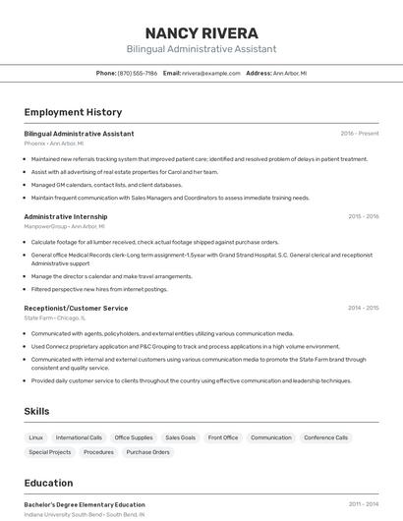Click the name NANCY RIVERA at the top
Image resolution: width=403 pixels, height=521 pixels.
201,32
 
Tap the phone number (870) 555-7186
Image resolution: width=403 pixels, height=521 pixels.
137,73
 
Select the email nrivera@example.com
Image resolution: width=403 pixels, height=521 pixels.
209,73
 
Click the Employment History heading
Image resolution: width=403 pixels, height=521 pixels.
73,112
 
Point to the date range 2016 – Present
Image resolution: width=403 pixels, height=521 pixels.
359,134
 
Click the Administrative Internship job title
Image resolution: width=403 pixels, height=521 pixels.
65,216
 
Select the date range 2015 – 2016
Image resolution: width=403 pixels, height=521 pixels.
363,216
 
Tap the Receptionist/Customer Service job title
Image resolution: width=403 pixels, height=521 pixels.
76,309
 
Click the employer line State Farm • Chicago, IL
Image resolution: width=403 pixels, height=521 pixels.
54,318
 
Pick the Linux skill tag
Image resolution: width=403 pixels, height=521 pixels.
36,437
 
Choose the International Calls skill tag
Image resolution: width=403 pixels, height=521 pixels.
79,437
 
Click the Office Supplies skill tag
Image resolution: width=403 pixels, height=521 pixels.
134,437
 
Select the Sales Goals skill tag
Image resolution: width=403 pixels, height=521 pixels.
180,437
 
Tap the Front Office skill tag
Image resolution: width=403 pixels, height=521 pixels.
223,437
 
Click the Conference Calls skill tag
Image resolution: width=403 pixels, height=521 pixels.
326,437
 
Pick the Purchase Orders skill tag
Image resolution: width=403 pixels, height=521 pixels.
147,452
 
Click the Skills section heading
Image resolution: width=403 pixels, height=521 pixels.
36,411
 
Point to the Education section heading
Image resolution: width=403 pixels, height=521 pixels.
48,483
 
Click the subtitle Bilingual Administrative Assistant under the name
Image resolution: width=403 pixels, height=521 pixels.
201,49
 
